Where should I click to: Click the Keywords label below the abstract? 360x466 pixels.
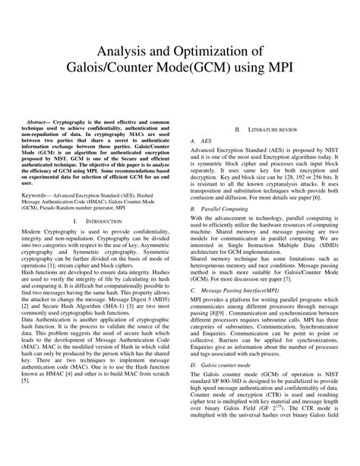click(36, 195)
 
